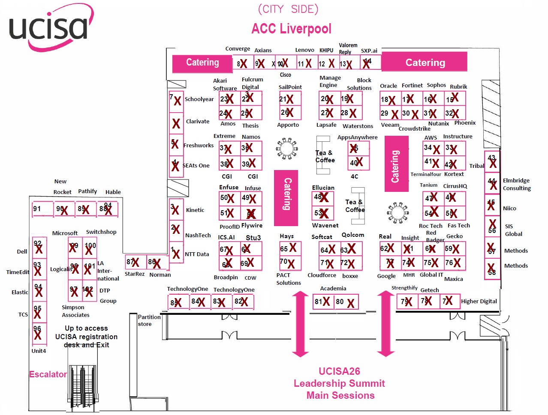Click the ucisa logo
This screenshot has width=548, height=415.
[48, 28]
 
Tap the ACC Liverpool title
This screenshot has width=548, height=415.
[291, 29]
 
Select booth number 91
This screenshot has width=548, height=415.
[37, 209]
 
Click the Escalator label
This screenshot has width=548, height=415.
[48, 374]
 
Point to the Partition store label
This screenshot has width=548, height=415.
[149, 320]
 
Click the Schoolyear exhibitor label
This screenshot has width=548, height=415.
[199, 99]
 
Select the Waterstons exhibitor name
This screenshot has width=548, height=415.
[358, 126]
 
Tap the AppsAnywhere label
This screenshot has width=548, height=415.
[357, 137]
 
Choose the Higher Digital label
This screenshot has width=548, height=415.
[479, 302]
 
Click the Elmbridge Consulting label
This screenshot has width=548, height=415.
[517, 184]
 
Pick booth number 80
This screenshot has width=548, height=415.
[340, 302]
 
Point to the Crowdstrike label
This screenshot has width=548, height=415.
[414, 128]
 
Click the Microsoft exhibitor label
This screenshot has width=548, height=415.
[65, 233]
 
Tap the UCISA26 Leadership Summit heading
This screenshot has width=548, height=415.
[339, 383]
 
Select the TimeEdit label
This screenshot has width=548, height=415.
[18, 272]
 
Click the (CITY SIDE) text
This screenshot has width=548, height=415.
[288, 9]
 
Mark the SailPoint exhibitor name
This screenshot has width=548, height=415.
[290, 87]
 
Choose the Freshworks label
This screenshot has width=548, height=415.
[199, 146]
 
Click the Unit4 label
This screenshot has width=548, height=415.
[39, 351]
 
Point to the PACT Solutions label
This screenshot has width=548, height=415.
[289, 279]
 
